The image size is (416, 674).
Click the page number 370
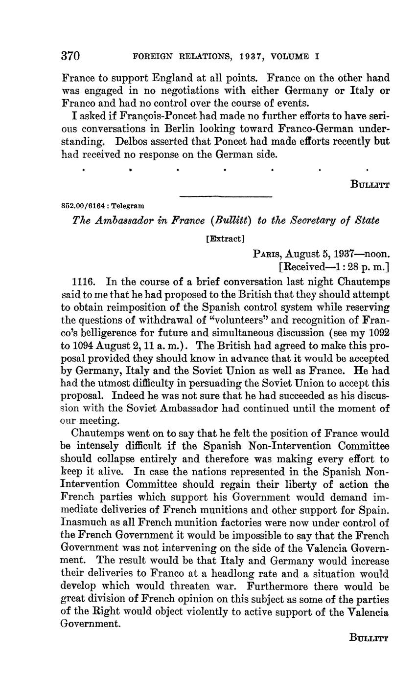tap(70, 56)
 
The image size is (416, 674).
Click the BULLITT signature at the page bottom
tap(369, 637)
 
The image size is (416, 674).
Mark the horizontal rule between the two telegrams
tap(226, 196)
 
